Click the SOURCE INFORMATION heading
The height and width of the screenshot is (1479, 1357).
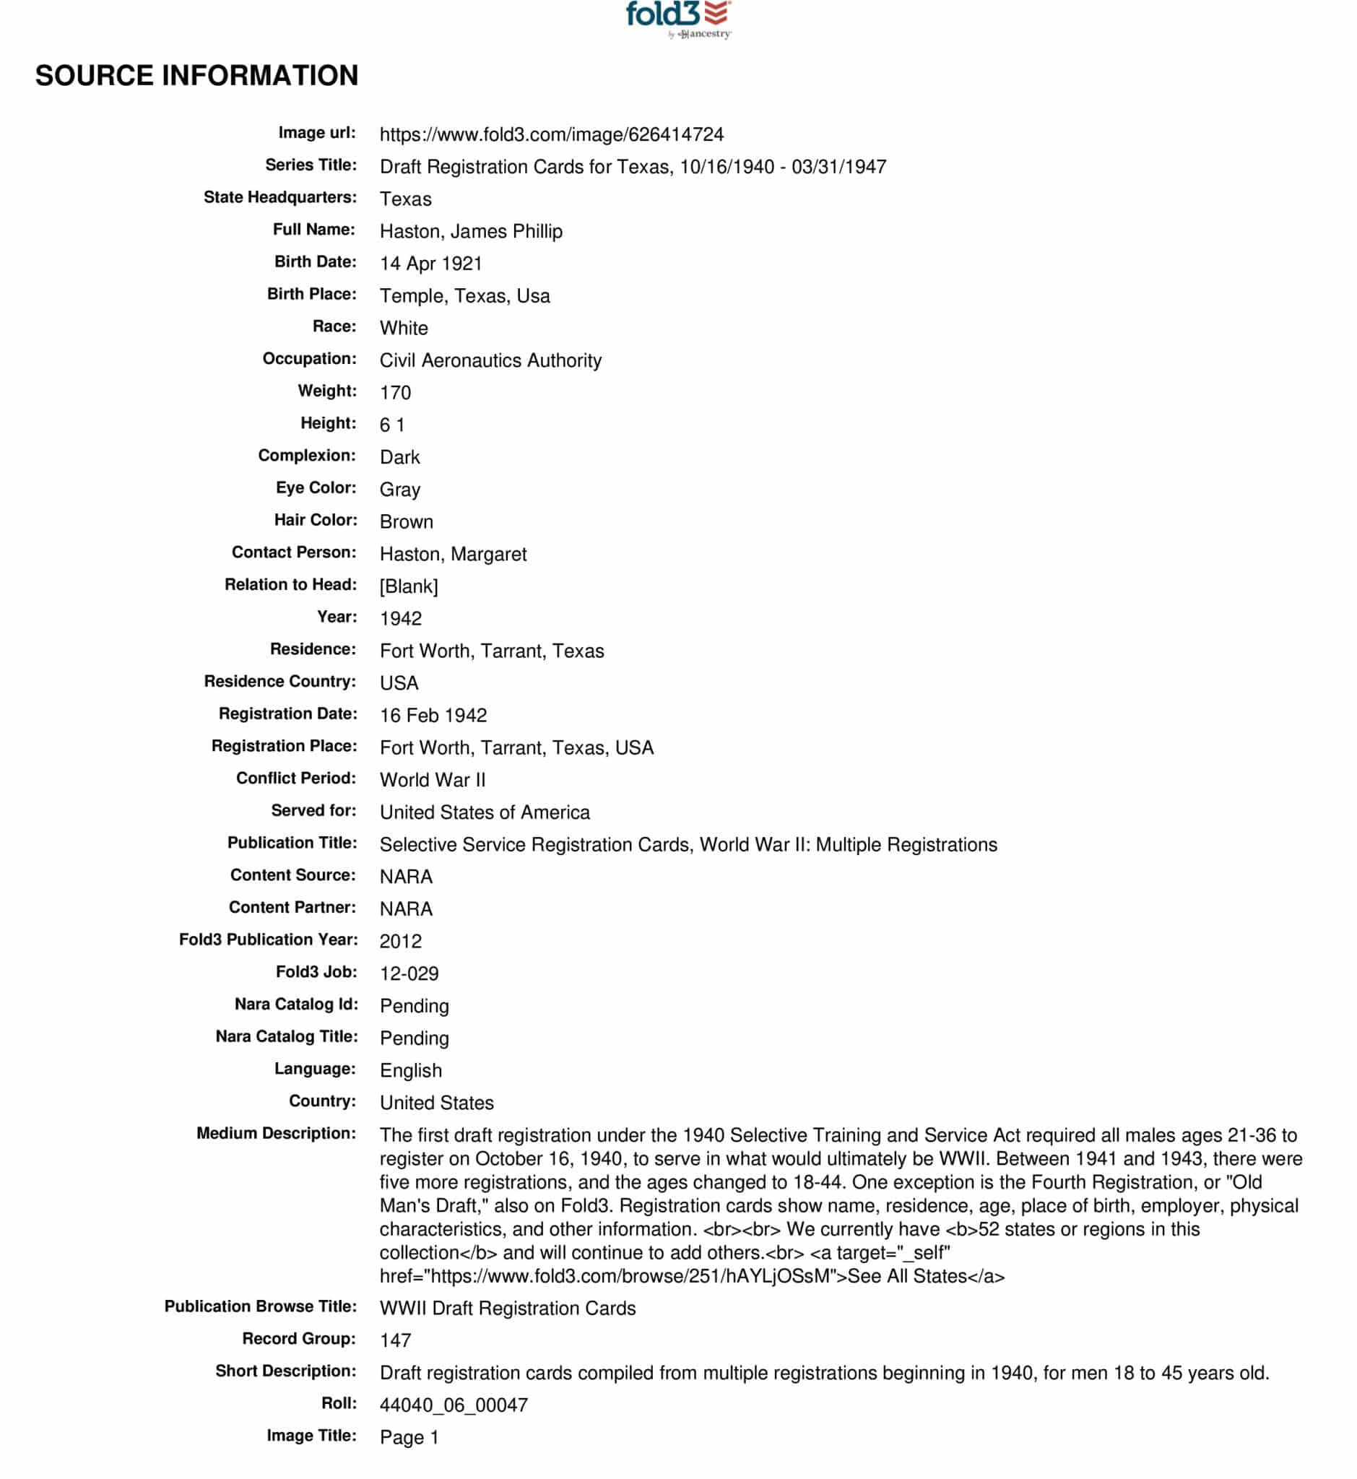[x=196, y=76]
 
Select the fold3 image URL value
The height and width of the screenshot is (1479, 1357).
[x=551, y=134]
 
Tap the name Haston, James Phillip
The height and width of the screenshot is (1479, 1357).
[x=471, y=231]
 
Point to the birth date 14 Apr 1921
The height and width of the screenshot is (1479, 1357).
[x=430, y=264]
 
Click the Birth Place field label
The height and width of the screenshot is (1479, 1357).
[x=311, y=295]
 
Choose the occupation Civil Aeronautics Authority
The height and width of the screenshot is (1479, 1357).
[x=490, y=360]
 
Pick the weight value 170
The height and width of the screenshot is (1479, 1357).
[x=395, y=393]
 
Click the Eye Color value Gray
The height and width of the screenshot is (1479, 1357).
[x=399, y=490]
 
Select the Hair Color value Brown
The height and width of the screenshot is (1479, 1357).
[x=406, y=522]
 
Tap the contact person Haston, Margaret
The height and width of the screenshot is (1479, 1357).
[x=452, y=555]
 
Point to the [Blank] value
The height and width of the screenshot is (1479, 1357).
[x=408, y=586]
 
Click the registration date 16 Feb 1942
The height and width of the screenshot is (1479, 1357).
[x=433, y=716]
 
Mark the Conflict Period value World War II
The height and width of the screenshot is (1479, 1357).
[x=432, y=781]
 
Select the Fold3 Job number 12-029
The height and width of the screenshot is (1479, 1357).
[x=408, y=974]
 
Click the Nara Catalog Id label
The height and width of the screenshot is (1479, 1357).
[x=296, y=1005]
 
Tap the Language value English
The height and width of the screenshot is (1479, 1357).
[x=410, y=1072]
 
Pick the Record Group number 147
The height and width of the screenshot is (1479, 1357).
[x=395, y=1341]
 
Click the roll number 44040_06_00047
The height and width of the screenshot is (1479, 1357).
[x=453, y=1405]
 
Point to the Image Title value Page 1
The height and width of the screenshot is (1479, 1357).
[x=408, y=1438]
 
